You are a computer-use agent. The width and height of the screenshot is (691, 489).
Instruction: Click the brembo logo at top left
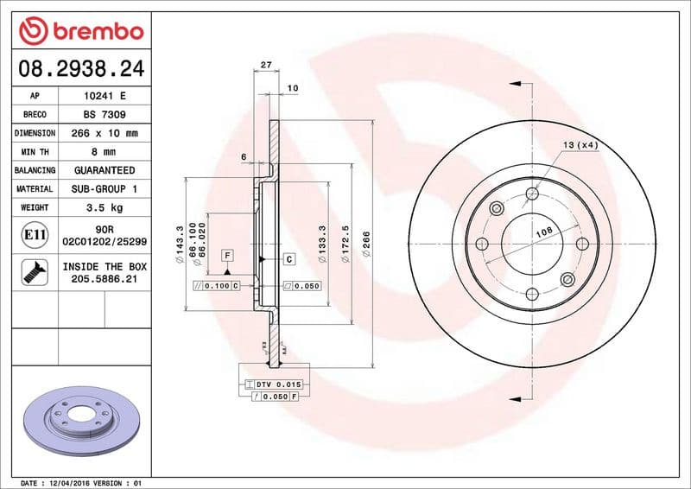pyautogui.click(x=80, y=31)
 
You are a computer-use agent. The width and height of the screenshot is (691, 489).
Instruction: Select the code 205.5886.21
pyautogui.click(x=104, y=280)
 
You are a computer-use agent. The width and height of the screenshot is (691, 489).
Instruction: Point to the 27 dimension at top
pyautogui.click(x=266, y=66)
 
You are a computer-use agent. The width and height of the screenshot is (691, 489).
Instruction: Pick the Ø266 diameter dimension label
pyautogui.click(x=367, y=244)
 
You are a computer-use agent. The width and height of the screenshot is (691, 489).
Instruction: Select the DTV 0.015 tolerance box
pyautogui.click(x=276, y=383)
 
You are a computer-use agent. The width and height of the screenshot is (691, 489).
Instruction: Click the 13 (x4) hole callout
pyautogui.click(x=580, y=144)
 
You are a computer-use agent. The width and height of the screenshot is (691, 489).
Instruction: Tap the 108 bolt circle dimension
pyautogui.click(x=544, y=232)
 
